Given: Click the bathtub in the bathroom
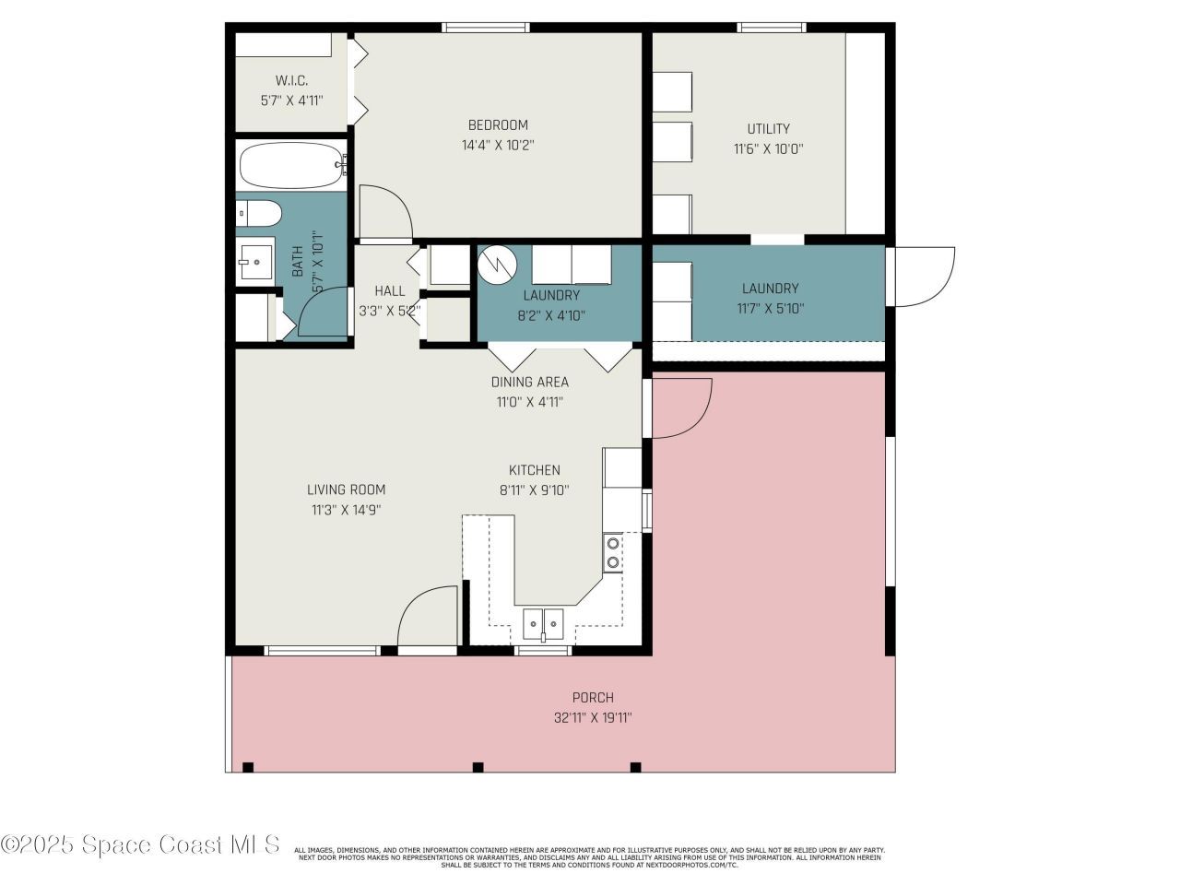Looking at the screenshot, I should click(291, 166).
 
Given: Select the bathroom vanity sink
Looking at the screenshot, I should click(255, 261).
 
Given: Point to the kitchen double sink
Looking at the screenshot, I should click(543, 624).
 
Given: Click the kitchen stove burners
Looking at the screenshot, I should click(612, 552).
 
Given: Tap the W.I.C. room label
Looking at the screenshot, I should click(291, 80).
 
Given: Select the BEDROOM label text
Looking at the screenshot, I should click(498, 125).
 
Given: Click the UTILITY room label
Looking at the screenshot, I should click(768, 129).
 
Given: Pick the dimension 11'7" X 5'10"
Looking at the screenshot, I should click(770, 309).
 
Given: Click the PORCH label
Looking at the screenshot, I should click(593, 698).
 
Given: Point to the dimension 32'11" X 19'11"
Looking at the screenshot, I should click(593, 718).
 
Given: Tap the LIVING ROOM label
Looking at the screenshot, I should click(346, 490).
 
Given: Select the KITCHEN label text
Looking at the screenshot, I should click(534, 470).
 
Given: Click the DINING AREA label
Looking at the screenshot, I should click(529, 382).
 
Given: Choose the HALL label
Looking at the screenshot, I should click(389, 290).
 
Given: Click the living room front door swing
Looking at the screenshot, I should click(427, 617).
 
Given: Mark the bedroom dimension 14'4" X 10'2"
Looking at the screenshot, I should click(498, 146).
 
